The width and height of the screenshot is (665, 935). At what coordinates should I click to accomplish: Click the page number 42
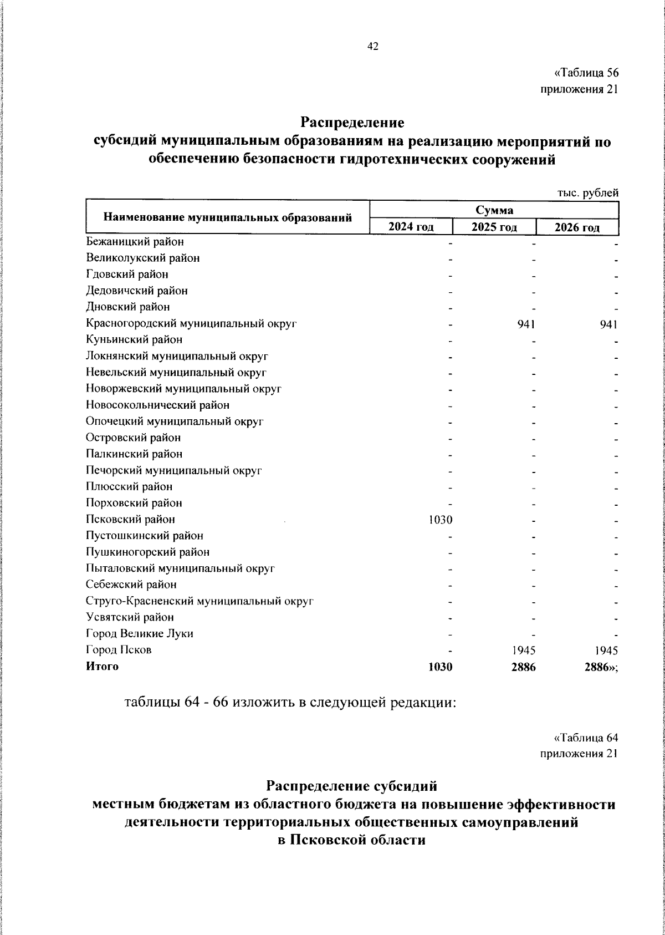pyautogui.click(x=372, y=47)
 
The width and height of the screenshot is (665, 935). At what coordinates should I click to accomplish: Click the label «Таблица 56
pyautogui.click(x=586, y=73)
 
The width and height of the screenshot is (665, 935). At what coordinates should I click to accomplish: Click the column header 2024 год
pyautogui.click(x=411, y=227)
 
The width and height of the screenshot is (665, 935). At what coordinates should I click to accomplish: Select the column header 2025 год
pyautogui.click(x=494, y=227)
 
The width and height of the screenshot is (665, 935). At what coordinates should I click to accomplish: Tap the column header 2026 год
pyautogui.click(x=577, y=227)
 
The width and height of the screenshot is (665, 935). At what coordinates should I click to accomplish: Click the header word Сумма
pyautogui.click(x=494, y=210)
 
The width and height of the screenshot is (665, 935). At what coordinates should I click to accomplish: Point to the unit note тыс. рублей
pyautogui.click(x=587, y=193)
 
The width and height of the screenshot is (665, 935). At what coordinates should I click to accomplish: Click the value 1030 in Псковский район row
pyautogui.click(x=441, y=520)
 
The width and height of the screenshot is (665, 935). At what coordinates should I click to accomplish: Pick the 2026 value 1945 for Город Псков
pyautogui.click(x=605, y=650)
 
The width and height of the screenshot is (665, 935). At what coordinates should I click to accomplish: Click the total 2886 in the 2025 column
pyautogui.click(x=523, y=667)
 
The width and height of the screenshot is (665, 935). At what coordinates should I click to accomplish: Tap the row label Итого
pyautogui.click(x=102, y=667)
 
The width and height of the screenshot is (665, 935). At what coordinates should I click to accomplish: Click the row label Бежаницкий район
pyautogui.click(x=135, y=242)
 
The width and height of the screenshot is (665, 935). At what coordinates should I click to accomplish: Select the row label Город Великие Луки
pyautogui.click(x=140, y=633)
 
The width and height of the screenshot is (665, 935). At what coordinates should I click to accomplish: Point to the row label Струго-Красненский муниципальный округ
pyautogui.click(x=200, y=601)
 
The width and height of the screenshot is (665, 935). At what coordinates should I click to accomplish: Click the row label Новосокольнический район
pyautogui.click(x=157, y=405)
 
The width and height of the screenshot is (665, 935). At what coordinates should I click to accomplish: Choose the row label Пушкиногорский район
pyautogui.click(x=148, y=552)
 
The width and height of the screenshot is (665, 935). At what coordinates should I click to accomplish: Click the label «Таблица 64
pyautogui.click(x=586, y=738)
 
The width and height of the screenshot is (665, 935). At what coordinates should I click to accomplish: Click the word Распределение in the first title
pyautogui.click(x=352, y=121)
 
